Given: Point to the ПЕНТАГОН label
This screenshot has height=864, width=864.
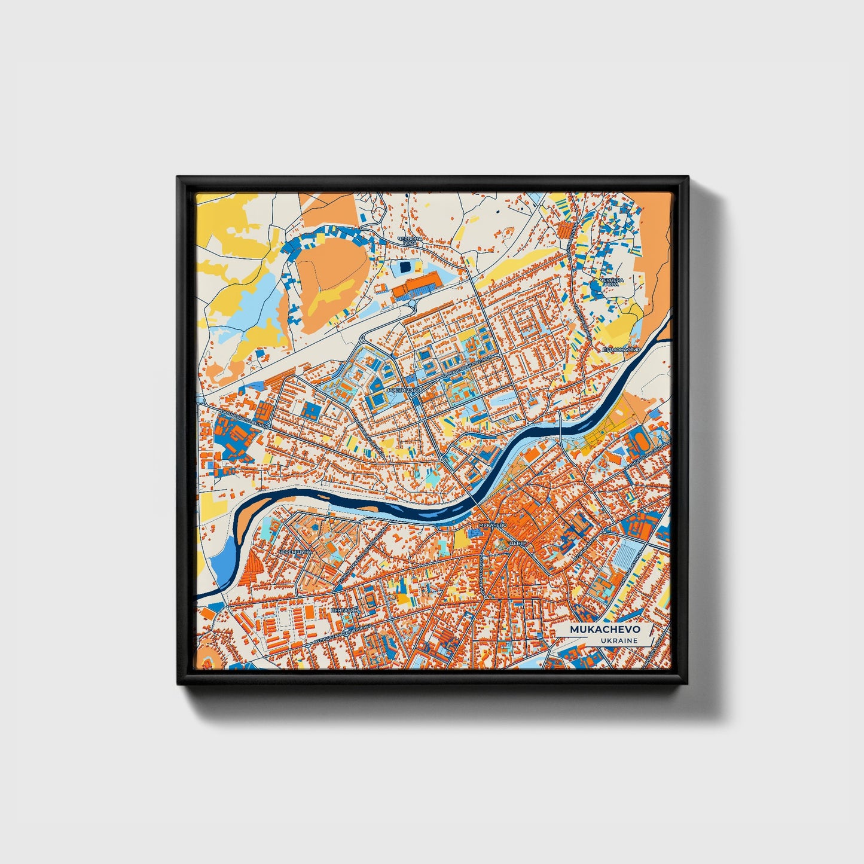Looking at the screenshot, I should point(344,610).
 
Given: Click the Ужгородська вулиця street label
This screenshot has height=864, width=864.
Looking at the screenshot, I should point(239,417).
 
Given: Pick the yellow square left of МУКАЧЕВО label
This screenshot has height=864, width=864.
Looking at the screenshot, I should point(462,539).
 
